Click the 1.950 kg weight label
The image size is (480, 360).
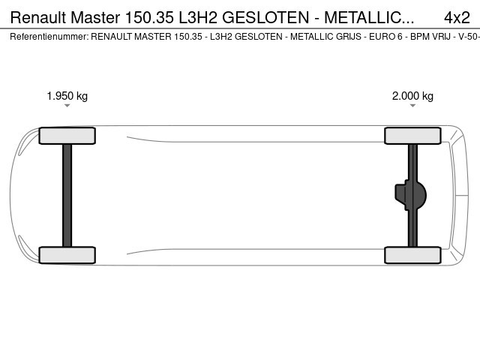[x=67, y=96]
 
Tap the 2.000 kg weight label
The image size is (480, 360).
[x=412, y=96]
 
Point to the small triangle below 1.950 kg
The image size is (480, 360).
[x=67, y=106]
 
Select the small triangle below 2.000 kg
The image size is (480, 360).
[x=412, y=106]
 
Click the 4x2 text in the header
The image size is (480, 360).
[x=457, y=17]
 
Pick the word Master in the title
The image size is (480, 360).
[x=95, y=17]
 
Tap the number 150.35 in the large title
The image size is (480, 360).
[x=149, y=17]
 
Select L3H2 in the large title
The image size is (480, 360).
[x=198, y=17]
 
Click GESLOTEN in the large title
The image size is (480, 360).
[x=265, y=17]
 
